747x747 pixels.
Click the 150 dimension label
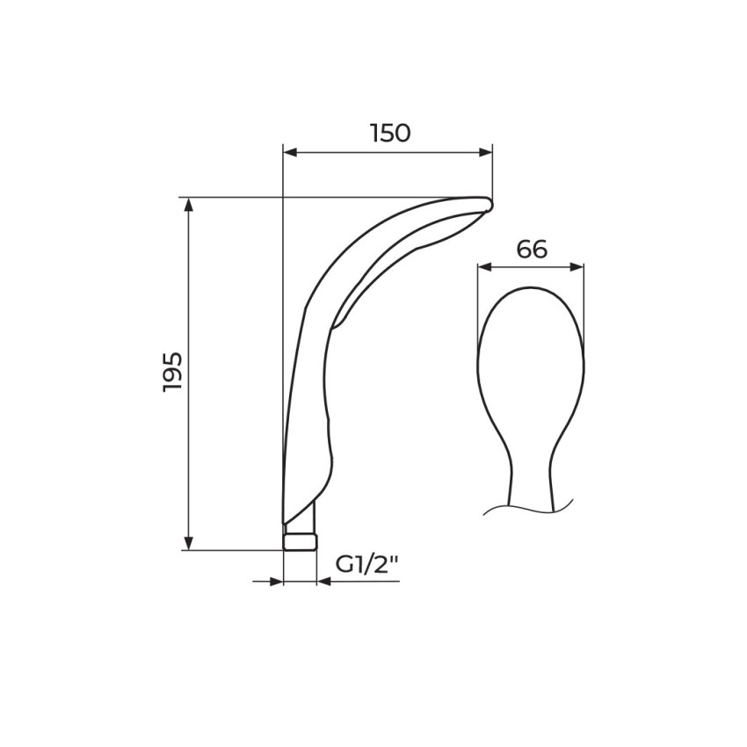coord(390,133)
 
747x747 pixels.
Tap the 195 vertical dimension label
coord(172,372)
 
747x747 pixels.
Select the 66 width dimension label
coord(532,250)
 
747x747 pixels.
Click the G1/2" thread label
coord(366,565)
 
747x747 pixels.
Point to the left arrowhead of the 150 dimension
coord(290,152)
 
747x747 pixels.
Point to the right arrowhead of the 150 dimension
coord(485,152)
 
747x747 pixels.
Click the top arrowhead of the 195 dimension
coord(189,205)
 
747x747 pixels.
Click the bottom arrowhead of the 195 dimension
coord(189,543)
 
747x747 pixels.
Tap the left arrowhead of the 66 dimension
coord(484,267)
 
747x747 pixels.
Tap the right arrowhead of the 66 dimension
coord(577,267)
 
